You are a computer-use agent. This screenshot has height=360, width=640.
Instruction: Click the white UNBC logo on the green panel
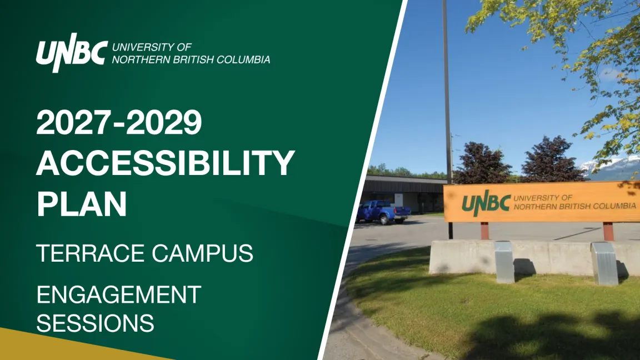tap(72, 53)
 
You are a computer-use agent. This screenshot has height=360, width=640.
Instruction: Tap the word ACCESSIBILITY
tap(166, 162)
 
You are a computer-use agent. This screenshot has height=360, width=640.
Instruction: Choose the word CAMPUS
tap(202, 253)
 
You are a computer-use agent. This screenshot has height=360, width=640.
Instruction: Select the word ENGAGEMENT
tap(119, 294)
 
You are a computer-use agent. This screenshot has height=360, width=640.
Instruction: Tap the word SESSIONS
tap(95, 323)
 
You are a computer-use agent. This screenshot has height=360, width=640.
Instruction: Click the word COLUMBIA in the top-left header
tap(243, 59)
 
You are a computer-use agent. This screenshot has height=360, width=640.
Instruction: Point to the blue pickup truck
tap(383, 212)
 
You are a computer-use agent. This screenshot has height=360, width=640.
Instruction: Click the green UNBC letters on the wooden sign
tap(486, 203)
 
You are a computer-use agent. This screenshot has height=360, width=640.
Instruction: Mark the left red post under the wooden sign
tap(484, 231)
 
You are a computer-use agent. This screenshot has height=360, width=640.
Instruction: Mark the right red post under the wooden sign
tap(608, 232)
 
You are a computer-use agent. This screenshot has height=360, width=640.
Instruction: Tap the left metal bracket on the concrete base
tap(504, 262)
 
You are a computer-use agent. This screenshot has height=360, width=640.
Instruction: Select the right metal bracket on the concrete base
tap(604, 264)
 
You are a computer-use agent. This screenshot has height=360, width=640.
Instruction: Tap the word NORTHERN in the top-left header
tap(141, 59)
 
